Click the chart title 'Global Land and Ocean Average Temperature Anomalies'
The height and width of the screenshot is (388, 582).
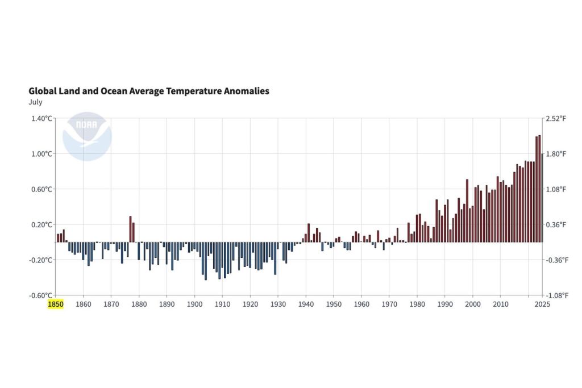pyautogui.click(x=149, y=91)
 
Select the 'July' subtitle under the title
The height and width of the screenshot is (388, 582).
pyautogui.click(x=35, y=102)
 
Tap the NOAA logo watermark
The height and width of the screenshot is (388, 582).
pyautogui.click(x=87, y=136)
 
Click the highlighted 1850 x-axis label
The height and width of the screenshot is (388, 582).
pyautogui.click(x=55, y=304)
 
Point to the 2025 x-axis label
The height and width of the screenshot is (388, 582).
pyautogui.click(x=543, y=304)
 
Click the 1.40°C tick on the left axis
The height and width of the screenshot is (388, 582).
pyautogui.click(x=41, y=118)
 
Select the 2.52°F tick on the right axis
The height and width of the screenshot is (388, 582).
pyautogui.click(x=556, y=118)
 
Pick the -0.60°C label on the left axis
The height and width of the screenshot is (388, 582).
pyautogui.click(x=41, y=295)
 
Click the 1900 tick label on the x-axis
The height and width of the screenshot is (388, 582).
pyautogui.click(x=194, y=304)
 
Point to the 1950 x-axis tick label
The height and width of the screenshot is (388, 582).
pyautogui.click(x=334, y=304)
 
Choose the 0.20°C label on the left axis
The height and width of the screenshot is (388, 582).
pyautogui.click(x=41, y=224)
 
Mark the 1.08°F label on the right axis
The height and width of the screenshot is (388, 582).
pyautogui.click(x=556, y=189)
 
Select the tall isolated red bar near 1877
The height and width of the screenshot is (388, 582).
pyautogui.click(x=130, y=229)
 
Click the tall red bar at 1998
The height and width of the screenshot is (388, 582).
pyautogui.click(x=467, y=210)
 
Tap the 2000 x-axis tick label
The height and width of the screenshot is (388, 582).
pyautogui.click(x=473, y=304)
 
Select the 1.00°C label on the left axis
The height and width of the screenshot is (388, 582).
pyautogui.click(x=41, y=153)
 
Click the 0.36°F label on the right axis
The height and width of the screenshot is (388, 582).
pyautogui.click(x=556, y=224)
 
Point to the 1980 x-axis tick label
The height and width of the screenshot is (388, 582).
pyautogui.click(x=417, y=304)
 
